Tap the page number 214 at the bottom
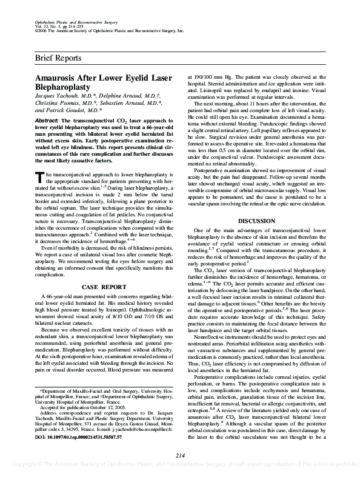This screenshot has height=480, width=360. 180,456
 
